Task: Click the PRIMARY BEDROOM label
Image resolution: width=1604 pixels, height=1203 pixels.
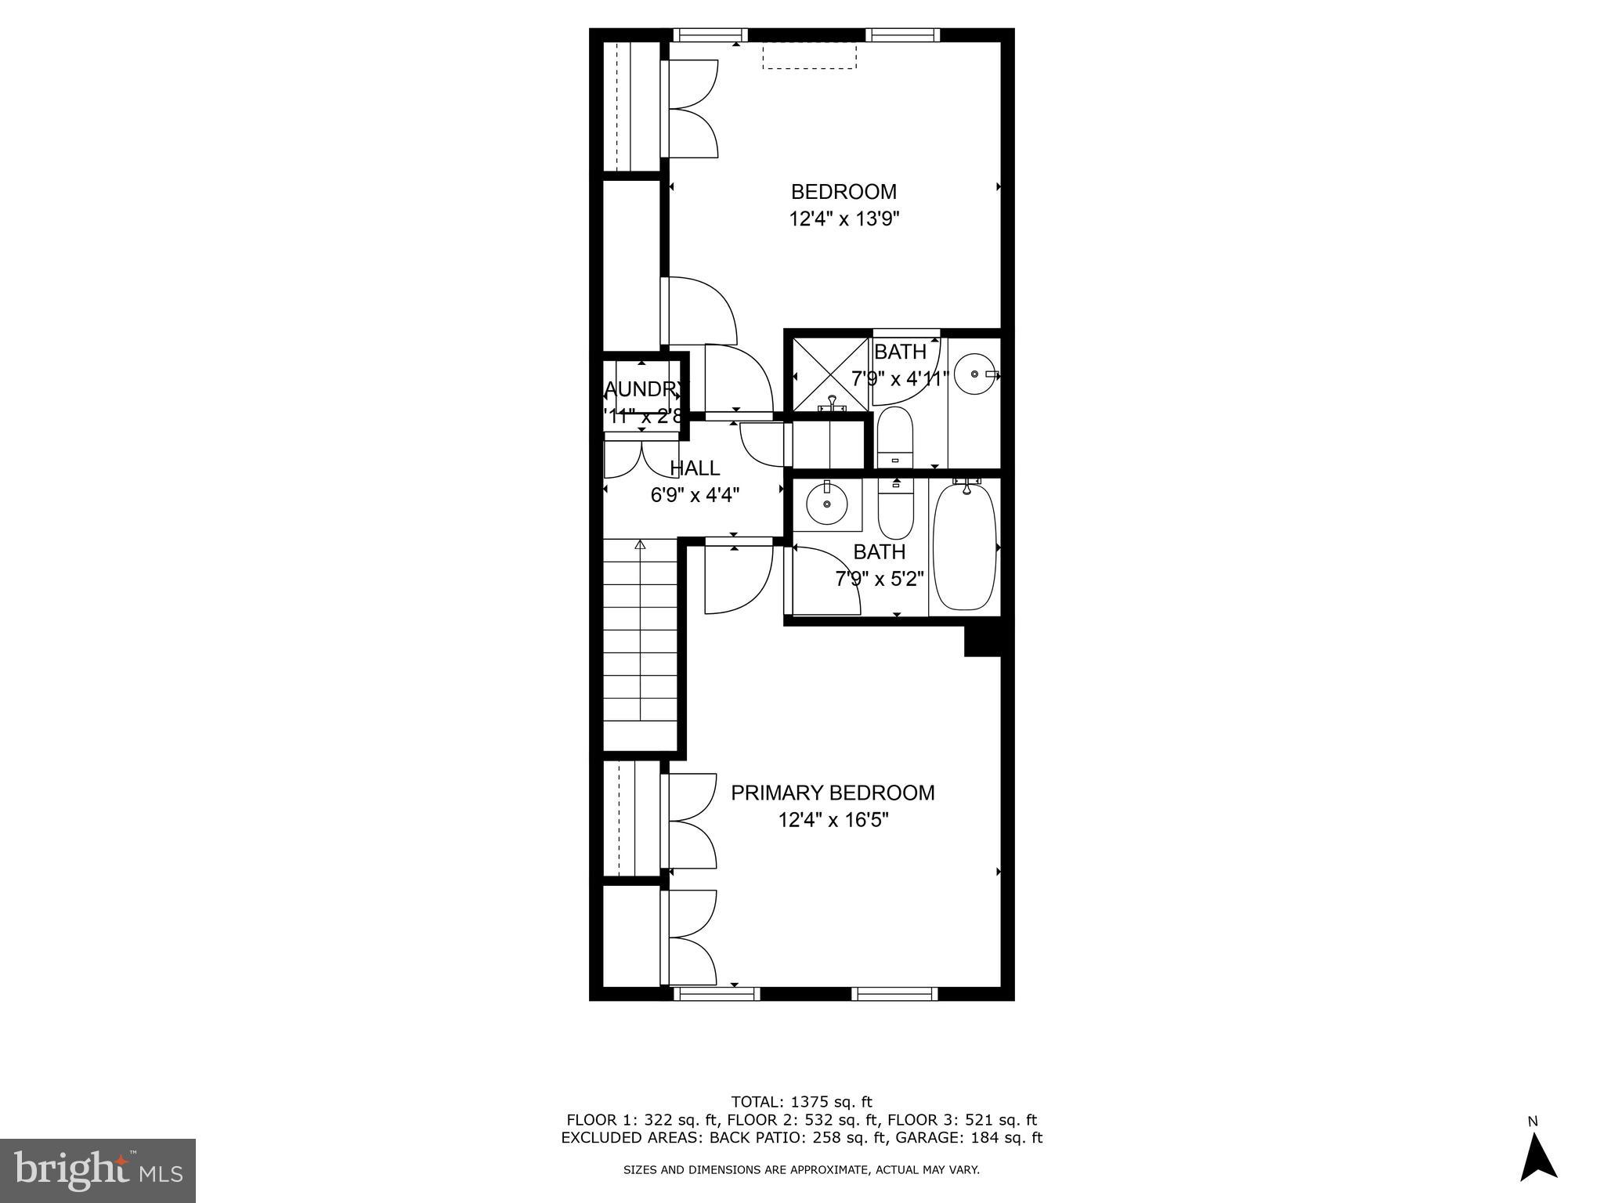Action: click(832, 793)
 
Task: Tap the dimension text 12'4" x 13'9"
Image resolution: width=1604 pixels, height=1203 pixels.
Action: click(844, 219)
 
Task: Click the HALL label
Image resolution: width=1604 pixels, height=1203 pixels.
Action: click(695, 468)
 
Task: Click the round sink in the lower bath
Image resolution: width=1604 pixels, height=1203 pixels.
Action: click(826, 504)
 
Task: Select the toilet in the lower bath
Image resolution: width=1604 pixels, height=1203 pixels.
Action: click(895, 509)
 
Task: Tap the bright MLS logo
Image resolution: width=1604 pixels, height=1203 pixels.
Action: click(98, 1170)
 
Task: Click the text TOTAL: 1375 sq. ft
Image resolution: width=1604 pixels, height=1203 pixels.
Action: click(801, 1102)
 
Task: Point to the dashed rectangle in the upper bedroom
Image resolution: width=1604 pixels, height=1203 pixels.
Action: click(809, 56)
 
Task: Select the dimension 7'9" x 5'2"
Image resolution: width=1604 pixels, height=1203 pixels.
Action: click(879, 580)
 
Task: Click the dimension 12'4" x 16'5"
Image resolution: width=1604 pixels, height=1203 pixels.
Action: click(833, 821)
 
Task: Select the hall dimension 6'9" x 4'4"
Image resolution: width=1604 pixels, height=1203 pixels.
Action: click(695, 495)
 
